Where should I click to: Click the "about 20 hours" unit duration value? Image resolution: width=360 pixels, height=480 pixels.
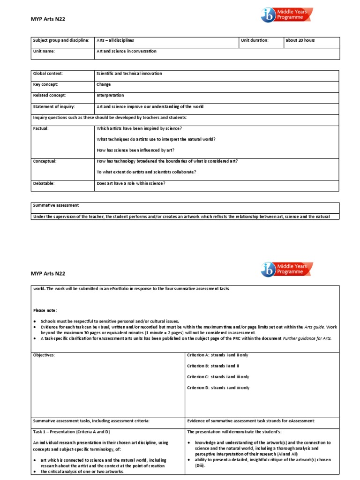click(300, 40)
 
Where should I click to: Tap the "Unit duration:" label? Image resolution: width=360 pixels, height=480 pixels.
click(255, 40)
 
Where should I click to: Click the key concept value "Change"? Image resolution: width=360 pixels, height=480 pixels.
click(104, 85)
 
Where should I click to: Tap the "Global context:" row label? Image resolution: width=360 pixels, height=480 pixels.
click(47, 74)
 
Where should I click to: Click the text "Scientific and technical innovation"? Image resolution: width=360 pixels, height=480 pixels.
click(129, 74)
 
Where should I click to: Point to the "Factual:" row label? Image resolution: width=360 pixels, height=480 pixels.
click(41, 128)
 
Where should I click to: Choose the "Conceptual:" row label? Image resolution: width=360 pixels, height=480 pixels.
click(45, 161)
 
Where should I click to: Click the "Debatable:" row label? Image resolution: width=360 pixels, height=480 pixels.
click(44, 183)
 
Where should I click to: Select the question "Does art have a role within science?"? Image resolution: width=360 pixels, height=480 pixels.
click(131, 183)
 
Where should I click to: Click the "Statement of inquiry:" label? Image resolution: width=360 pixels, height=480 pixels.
click(53, 106)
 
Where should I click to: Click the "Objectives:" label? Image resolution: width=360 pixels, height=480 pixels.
click(44, 355)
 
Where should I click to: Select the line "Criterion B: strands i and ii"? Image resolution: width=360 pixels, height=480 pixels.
click(213, 366)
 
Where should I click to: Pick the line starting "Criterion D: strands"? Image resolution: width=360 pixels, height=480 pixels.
click(218, 388)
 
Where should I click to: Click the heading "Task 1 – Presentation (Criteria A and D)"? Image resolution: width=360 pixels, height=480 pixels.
click(71, 432)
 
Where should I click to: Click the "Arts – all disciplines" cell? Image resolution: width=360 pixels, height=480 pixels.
click(115, 40)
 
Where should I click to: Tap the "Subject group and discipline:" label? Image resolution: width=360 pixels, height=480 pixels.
click(60, 40)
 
